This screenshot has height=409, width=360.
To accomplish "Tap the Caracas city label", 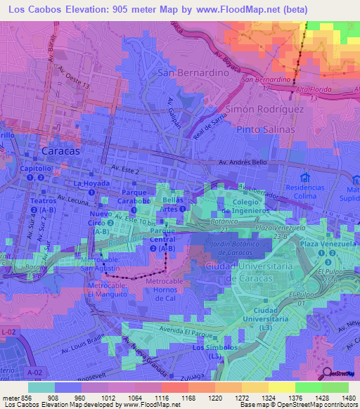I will click(61, 151).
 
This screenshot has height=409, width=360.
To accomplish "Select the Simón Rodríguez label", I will click(264, 109).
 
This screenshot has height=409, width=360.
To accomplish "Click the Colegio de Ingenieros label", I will click(245, 207).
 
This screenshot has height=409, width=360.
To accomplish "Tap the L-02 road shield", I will click(8, 332).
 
